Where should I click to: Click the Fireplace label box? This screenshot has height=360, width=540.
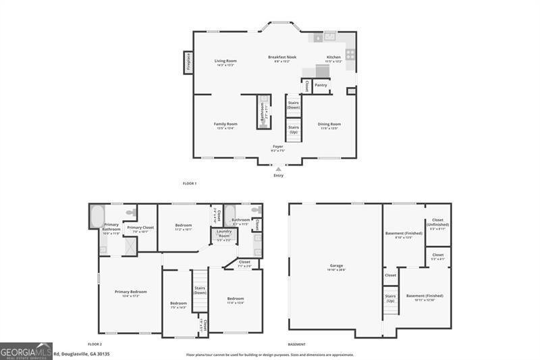(x=188, y=63)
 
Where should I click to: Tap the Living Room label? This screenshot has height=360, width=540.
(x=225, y=63)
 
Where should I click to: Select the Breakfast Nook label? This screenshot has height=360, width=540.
(x=281, y=59)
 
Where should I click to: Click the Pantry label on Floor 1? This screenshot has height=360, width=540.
(x=321, y=85)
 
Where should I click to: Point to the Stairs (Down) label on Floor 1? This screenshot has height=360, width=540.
(x=294, y=105)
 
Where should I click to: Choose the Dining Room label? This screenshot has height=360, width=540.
(x=329, y=126)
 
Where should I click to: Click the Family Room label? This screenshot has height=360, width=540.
(x=225, y=126)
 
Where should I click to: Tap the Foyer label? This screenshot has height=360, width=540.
(x=278, y=148)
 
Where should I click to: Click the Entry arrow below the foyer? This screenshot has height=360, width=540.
(x=278, y=169)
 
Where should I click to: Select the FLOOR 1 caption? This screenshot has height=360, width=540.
(x=190, y=184)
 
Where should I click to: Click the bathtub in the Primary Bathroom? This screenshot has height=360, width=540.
(x=97, y=216)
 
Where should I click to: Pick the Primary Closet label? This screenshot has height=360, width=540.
(x=140, y=229)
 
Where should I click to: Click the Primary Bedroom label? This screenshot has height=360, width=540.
(x=130, y=293)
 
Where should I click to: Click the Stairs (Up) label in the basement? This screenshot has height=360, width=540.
(x=390, y=298)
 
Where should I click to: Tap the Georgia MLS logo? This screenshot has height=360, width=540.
(x=26, y=351)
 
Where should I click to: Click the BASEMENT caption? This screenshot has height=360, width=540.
(x=297, y=344)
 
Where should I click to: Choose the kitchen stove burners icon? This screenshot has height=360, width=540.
(x=350, y=53)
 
